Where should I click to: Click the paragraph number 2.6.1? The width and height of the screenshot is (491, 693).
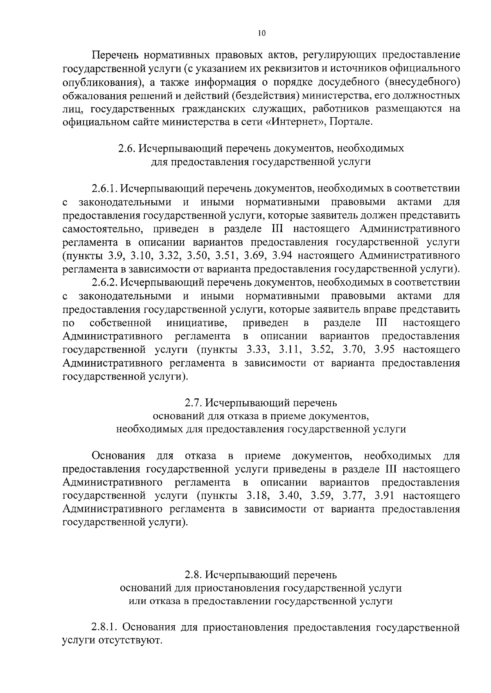click(105, 189)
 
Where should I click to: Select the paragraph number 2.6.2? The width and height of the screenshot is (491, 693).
click(105, 282)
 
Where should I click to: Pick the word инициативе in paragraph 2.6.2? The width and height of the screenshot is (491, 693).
click(197, 323)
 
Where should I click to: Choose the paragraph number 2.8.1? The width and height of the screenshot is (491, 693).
click(105, 627)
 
